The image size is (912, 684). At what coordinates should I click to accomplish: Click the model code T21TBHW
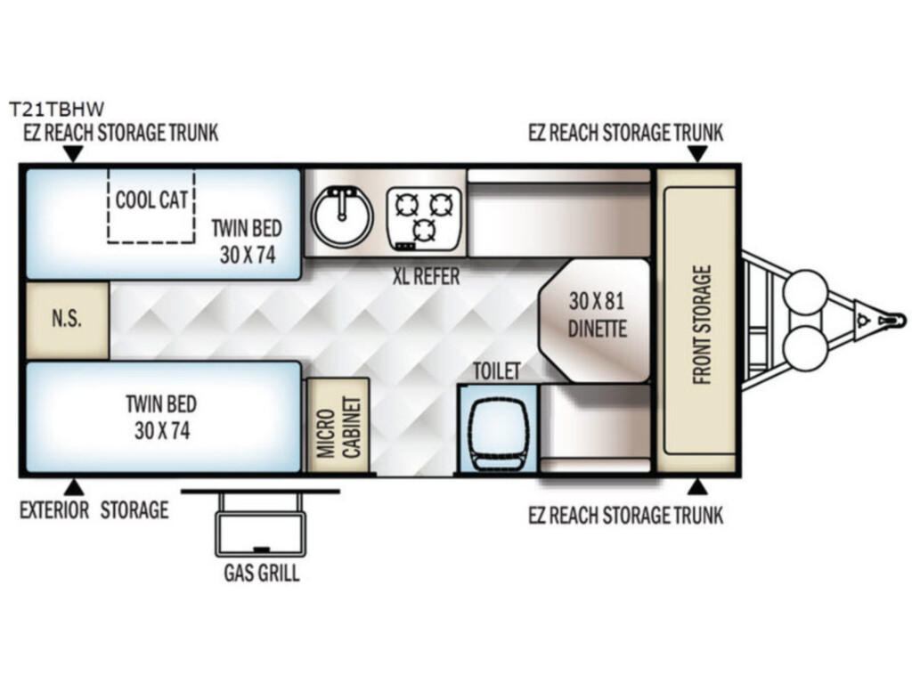56,109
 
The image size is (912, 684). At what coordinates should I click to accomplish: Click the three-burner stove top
424,219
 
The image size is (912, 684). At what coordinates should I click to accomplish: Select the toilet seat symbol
499,427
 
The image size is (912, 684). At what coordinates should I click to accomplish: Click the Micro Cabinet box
338,425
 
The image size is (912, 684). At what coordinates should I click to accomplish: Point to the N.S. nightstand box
67,320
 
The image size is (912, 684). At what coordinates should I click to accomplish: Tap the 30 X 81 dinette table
594,321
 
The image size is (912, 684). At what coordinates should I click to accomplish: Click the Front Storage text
702,324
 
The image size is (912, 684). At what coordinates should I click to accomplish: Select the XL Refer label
426,276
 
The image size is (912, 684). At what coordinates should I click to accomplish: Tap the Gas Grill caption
262,573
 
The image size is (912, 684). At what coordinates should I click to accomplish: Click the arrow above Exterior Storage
73,487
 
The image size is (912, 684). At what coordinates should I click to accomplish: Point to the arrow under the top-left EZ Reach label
73,154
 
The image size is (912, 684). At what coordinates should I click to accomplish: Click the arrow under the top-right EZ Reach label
697,154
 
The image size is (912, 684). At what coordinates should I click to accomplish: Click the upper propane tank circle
805,292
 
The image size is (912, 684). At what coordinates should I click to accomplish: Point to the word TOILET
496,370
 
